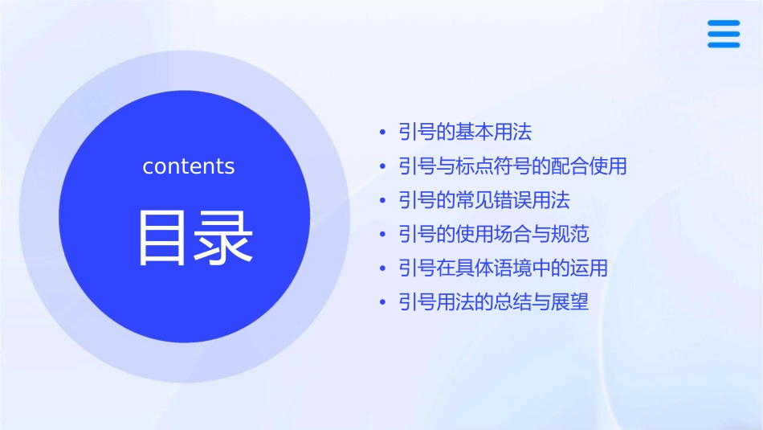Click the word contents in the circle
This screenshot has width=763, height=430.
point(189,166)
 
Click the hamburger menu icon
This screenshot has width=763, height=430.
point(724,34)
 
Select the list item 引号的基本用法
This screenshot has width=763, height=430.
point(465,132)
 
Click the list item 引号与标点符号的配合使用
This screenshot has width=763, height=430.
point(512,166)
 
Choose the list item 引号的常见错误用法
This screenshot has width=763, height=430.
point(484,200)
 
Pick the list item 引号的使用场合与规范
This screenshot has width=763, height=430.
point(494,234)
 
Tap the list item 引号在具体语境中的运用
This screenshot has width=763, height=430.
point(503,268)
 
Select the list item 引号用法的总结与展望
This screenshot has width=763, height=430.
point(494,302)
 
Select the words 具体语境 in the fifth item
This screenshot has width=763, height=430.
point(512,268)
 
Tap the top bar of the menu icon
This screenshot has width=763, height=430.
point(724,23)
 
